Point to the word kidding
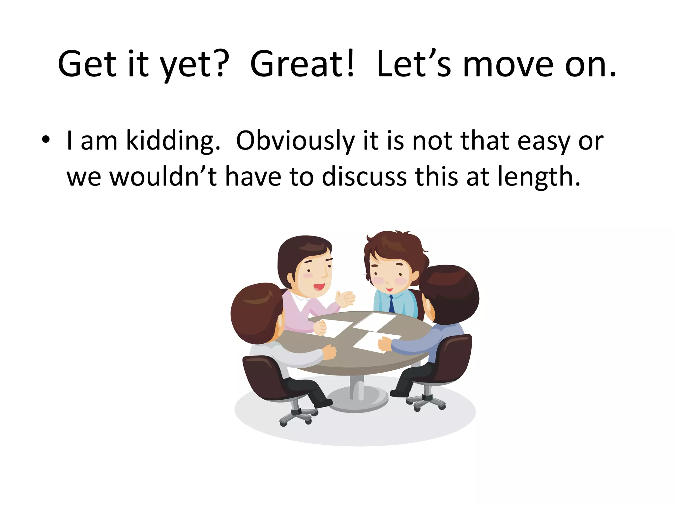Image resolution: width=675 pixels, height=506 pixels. [x=173, y=141]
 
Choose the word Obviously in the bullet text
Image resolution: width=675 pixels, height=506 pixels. [x=295, y=141]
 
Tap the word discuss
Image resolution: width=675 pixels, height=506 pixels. [x=364, y=177]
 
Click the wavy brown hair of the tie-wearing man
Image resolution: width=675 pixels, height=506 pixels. [x=396, y=245]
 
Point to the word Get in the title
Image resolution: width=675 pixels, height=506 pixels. [x=87, y=64]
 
